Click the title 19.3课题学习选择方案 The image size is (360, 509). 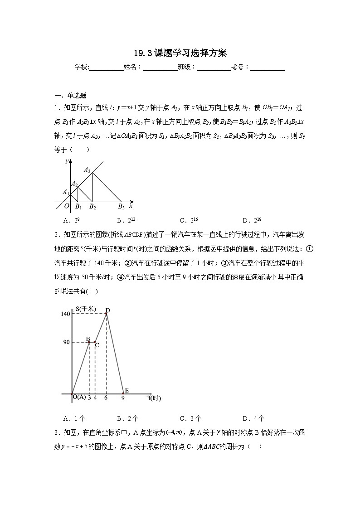[180, 53]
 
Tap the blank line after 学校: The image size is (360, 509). [106, 68]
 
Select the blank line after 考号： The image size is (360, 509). [268, 68]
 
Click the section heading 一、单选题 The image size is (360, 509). [70, 95]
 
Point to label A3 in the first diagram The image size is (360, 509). [87, 170]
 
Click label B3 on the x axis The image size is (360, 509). [121, 207]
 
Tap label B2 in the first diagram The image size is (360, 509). [92, 207]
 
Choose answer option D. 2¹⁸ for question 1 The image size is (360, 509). [253, 221]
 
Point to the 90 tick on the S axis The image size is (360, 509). [66, 342]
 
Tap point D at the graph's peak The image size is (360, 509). [108, 310]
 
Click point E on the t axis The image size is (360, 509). [126, 391]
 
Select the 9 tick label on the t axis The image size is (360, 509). [123, 398]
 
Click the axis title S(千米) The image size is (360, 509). [86, 309]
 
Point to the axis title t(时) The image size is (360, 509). [155, 398]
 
